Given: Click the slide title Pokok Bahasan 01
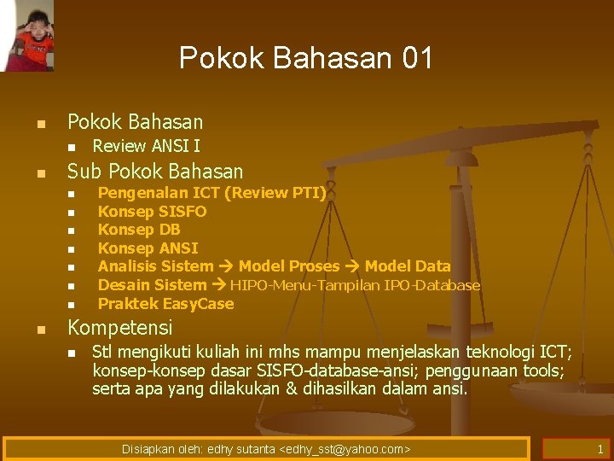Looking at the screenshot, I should pos(306,58).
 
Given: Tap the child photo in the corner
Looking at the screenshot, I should pos(27,35).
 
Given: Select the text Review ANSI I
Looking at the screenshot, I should pos(146,146).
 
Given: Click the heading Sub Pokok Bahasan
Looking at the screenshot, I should pos(154,171).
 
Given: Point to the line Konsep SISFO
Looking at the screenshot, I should pos(152,211).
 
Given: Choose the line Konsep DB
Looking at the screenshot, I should pos(139,230).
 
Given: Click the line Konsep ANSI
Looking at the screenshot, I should pos(148,248).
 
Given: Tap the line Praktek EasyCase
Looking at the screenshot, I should pos(165,304).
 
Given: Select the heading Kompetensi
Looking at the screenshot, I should pos(119,328).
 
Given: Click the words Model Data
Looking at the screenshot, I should pos(408,266).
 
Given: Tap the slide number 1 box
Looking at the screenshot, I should pos(576,449).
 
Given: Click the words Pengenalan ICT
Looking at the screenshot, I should pos(151,193).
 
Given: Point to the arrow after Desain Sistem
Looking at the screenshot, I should pos(218,285).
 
